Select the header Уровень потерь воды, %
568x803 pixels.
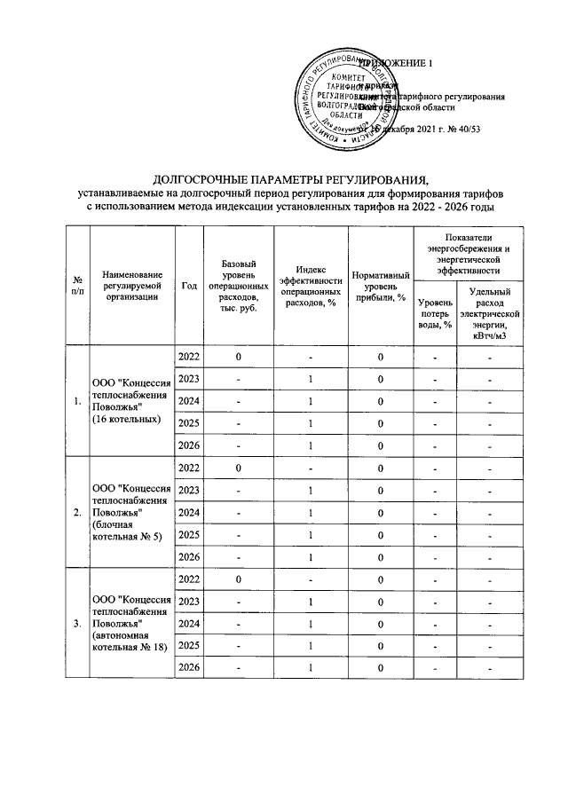(434, 314)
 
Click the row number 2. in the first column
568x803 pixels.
(79, 513)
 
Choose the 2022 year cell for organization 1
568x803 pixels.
(188, 357)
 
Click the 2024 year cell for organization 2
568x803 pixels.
(188, 513)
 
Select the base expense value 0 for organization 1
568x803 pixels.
(239, 357)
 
